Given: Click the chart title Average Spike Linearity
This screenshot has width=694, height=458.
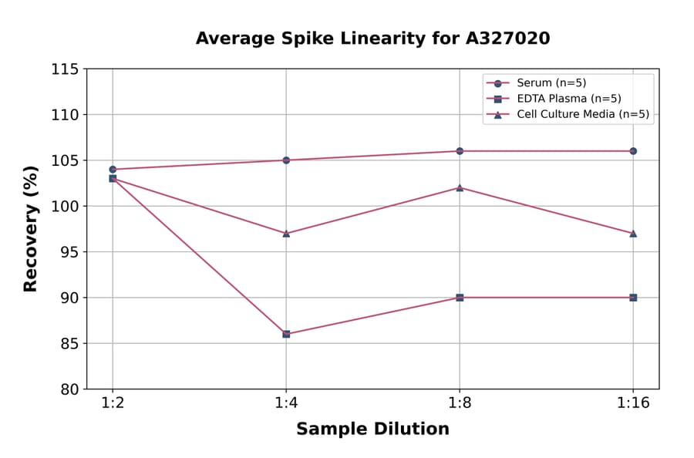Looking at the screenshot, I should [x=372, y=39].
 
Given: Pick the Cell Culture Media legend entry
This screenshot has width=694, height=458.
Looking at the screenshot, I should [x=582, y=115].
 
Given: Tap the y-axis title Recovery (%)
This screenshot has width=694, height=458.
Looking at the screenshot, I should [x=31, y=229].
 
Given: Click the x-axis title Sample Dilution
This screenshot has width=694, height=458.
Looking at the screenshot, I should [x=372, y=429].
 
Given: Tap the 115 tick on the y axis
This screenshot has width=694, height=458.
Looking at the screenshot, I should [x=65, y=69].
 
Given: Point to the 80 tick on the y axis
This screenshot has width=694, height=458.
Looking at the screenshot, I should [x=69, y=389].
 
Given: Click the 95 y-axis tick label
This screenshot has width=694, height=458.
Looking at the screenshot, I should [x=69, y=252].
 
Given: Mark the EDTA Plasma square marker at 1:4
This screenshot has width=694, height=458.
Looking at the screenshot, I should [x=286, y=334].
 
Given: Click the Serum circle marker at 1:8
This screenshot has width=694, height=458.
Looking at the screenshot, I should [x=460, y=151].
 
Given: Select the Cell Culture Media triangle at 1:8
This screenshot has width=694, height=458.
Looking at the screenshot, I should [x=460, y=187].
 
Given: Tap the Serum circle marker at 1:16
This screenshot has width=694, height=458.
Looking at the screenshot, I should [x=633, y=151].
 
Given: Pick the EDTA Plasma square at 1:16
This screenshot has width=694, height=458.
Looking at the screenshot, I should [x=633, y=298].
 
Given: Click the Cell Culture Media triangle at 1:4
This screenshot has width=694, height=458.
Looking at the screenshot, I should [x=286, y=233].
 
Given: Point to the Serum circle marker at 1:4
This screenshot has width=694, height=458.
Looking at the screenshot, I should [x=286, y=160].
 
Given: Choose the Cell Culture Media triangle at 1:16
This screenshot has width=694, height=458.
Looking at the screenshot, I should [x=633, y=233].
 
